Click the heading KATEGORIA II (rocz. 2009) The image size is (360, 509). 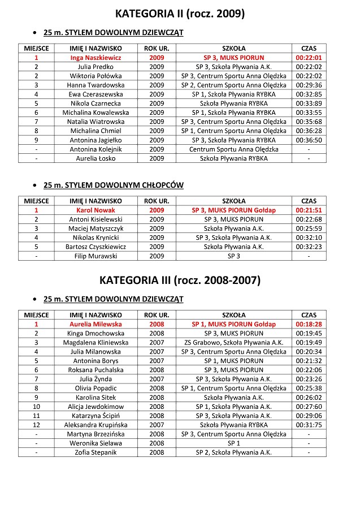[180, 14]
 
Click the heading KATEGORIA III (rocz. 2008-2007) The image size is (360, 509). [180, 280]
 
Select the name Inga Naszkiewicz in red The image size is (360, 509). [96, 58]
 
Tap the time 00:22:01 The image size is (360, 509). [309, 58]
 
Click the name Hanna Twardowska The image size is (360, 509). [96, 85]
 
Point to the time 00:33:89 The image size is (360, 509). [309, 103]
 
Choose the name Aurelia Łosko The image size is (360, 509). [96, 158]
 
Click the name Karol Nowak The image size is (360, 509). [96, 210]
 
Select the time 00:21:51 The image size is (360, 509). [309, 210]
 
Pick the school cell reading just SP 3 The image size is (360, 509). [233, 256]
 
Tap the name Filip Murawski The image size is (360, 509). [96, 256]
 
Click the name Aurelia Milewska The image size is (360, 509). [96, 324]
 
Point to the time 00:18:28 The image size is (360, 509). [309, 324]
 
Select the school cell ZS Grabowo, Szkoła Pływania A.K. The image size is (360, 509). [233, 342]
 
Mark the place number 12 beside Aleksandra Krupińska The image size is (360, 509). [36, 425]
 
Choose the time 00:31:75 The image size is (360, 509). [309, 425]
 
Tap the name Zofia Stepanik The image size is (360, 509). [96, 452]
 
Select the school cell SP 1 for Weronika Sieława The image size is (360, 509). [233, 443]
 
